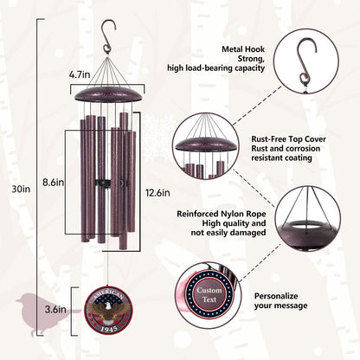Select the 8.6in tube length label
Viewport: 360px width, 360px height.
click(x=53, y=183)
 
